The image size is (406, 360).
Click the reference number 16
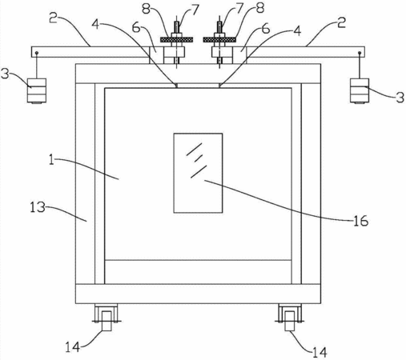tap(361, 221)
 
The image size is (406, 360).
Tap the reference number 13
tap(38, 207)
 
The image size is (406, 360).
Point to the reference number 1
tap(51, 160)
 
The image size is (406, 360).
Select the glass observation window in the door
tap(198, 173)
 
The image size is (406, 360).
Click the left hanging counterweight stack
tap(37, 90)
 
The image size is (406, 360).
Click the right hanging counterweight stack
tap(360, 90)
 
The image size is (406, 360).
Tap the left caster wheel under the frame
tap(107, 318)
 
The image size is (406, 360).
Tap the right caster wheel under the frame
tap(290, 318)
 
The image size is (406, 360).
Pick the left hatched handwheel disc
tap(176, 40)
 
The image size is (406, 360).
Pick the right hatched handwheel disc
tap(219, 40)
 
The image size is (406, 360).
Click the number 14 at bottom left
tap(73, 347)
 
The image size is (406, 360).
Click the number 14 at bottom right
tap(320, 353)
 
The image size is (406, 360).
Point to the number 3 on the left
tap(5, 74)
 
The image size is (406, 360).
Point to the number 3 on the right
tap(400, 98)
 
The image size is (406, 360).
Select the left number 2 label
tap(53, 18)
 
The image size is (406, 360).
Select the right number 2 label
tap(341, 22)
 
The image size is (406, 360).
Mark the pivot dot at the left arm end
tap(37, 53)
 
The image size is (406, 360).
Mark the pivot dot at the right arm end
tap(360, 53)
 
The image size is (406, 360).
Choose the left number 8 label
tap(146, 9)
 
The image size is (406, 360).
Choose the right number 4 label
tap(297, 31)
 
